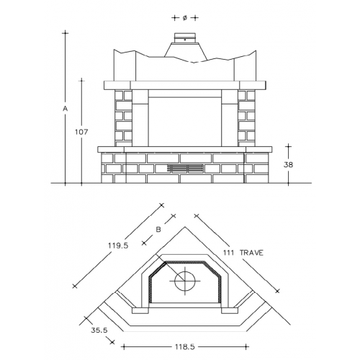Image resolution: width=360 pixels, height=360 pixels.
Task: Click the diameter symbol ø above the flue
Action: click(x=185, y=18)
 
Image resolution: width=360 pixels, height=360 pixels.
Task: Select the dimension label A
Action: click(x=66, y=109)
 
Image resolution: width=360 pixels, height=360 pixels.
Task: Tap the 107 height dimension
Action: click(x=81, y=132)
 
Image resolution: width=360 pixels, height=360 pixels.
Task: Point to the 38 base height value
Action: click(x=288, y=165)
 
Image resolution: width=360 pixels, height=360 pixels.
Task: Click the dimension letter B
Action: click(x=158, y=230)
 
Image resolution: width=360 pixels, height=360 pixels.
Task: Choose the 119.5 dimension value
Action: click(x=118, y=246)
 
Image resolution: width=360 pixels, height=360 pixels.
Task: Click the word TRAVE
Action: click(x=251, y=253)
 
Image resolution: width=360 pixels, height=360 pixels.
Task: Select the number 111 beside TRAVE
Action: click(x=228, y=253)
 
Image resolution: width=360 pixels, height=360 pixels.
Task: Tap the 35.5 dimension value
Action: click(x=99, y=330)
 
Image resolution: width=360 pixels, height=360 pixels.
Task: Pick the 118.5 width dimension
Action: click(x=185, y=347)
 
